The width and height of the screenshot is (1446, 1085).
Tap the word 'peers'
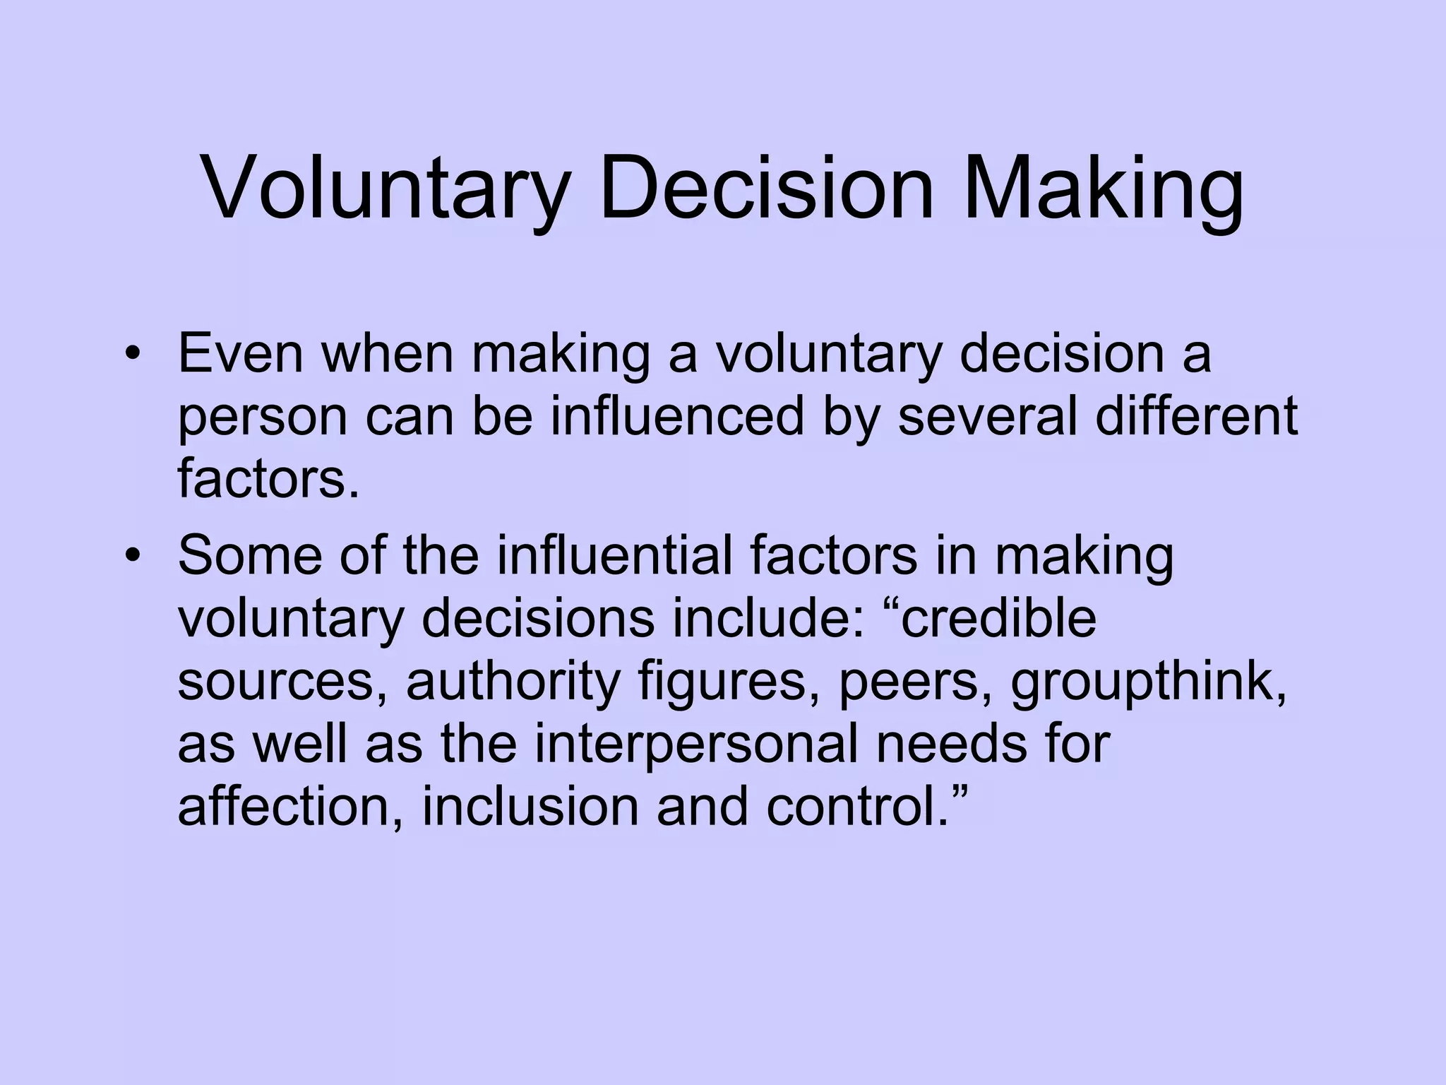(x=915, y=684)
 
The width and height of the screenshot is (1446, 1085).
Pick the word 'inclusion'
(x=530, y=807)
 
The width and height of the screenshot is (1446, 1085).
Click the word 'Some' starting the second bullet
(x=251, y=555)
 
